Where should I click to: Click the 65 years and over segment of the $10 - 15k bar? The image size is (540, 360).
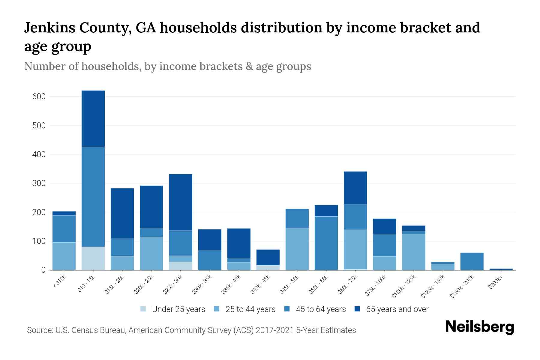coord(93,118)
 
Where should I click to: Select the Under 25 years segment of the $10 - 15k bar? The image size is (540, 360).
coord(93,258)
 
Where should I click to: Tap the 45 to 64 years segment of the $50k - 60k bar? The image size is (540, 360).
coord(326,243)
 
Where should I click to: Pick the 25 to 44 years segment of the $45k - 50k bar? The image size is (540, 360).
coord(297,249)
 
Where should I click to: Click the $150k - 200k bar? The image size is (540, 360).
coord(472,261)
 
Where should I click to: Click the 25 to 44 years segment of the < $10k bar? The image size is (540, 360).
coord(64,256)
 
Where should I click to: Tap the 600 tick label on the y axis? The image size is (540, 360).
coord(39,97)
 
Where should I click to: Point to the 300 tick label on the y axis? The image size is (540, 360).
coord(39,183)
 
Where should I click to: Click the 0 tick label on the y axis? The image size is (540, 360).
coord(43,270)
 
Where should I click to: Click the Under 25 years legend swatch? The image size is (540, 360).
coord(143,309)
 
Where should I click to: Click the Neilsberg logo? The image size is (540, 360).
coord(479,327)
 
